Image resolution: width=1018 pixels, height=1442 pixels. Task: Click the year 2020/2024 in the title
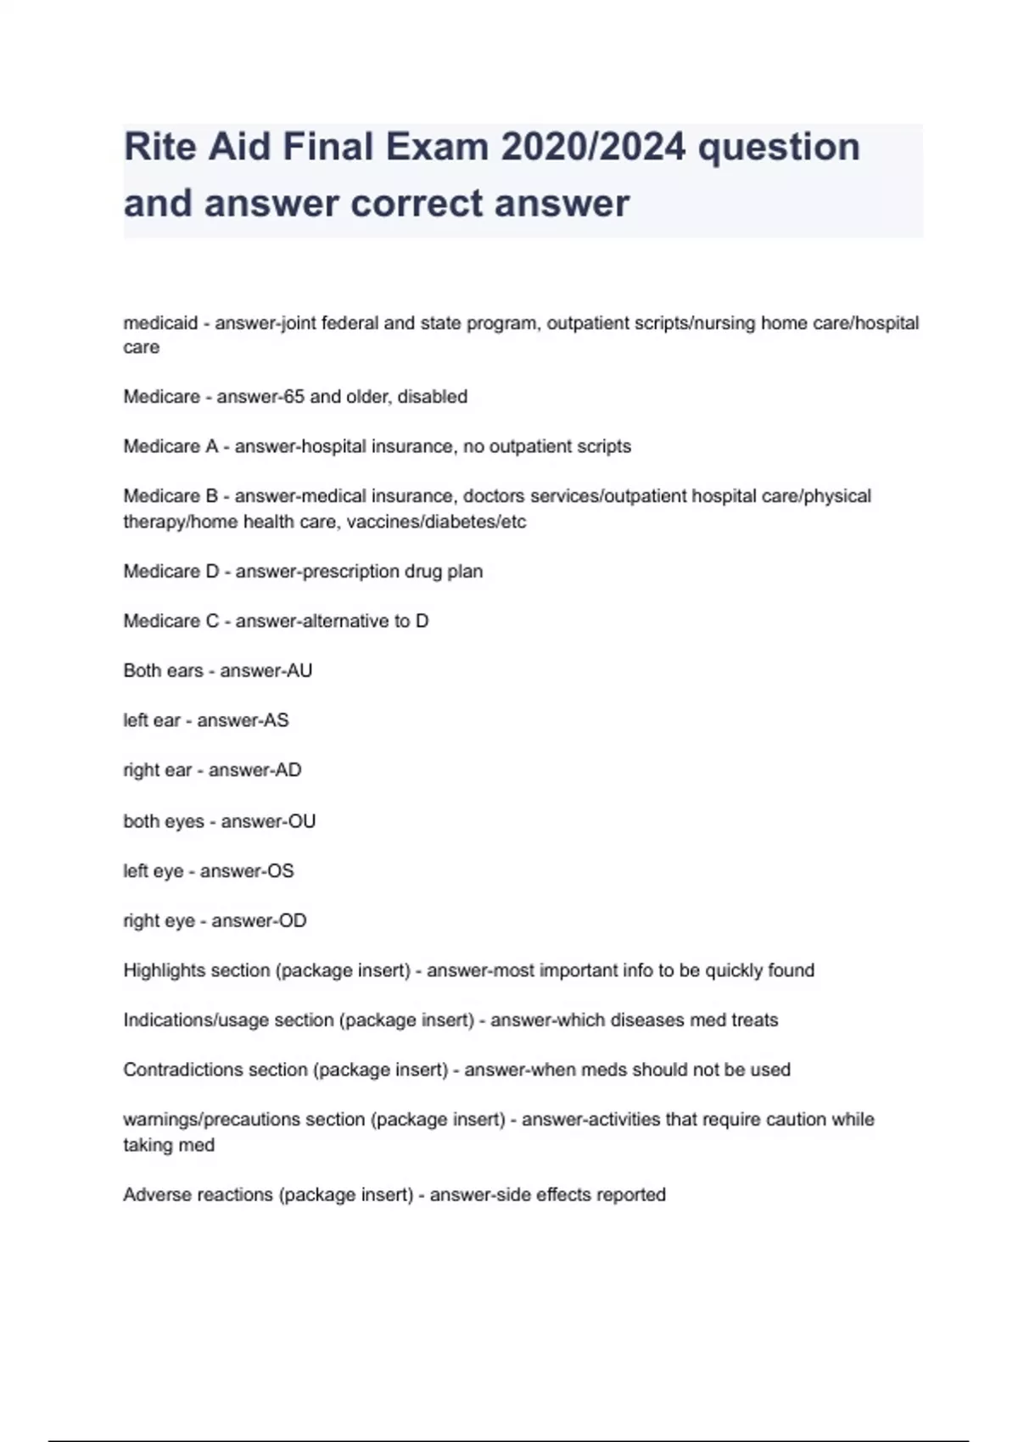tap(593, 147)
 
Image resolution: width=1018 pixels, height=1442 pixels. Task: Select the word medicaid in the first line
tap(160, 323)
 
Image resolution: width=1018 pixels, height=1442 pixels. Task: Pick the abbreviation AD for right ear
tap(288, 770)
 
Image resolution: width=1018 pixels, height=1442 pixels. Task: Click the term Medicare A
tap(171, 446)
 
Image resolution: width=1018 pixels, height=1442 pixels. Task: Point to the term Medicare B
tap(171, 496)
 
